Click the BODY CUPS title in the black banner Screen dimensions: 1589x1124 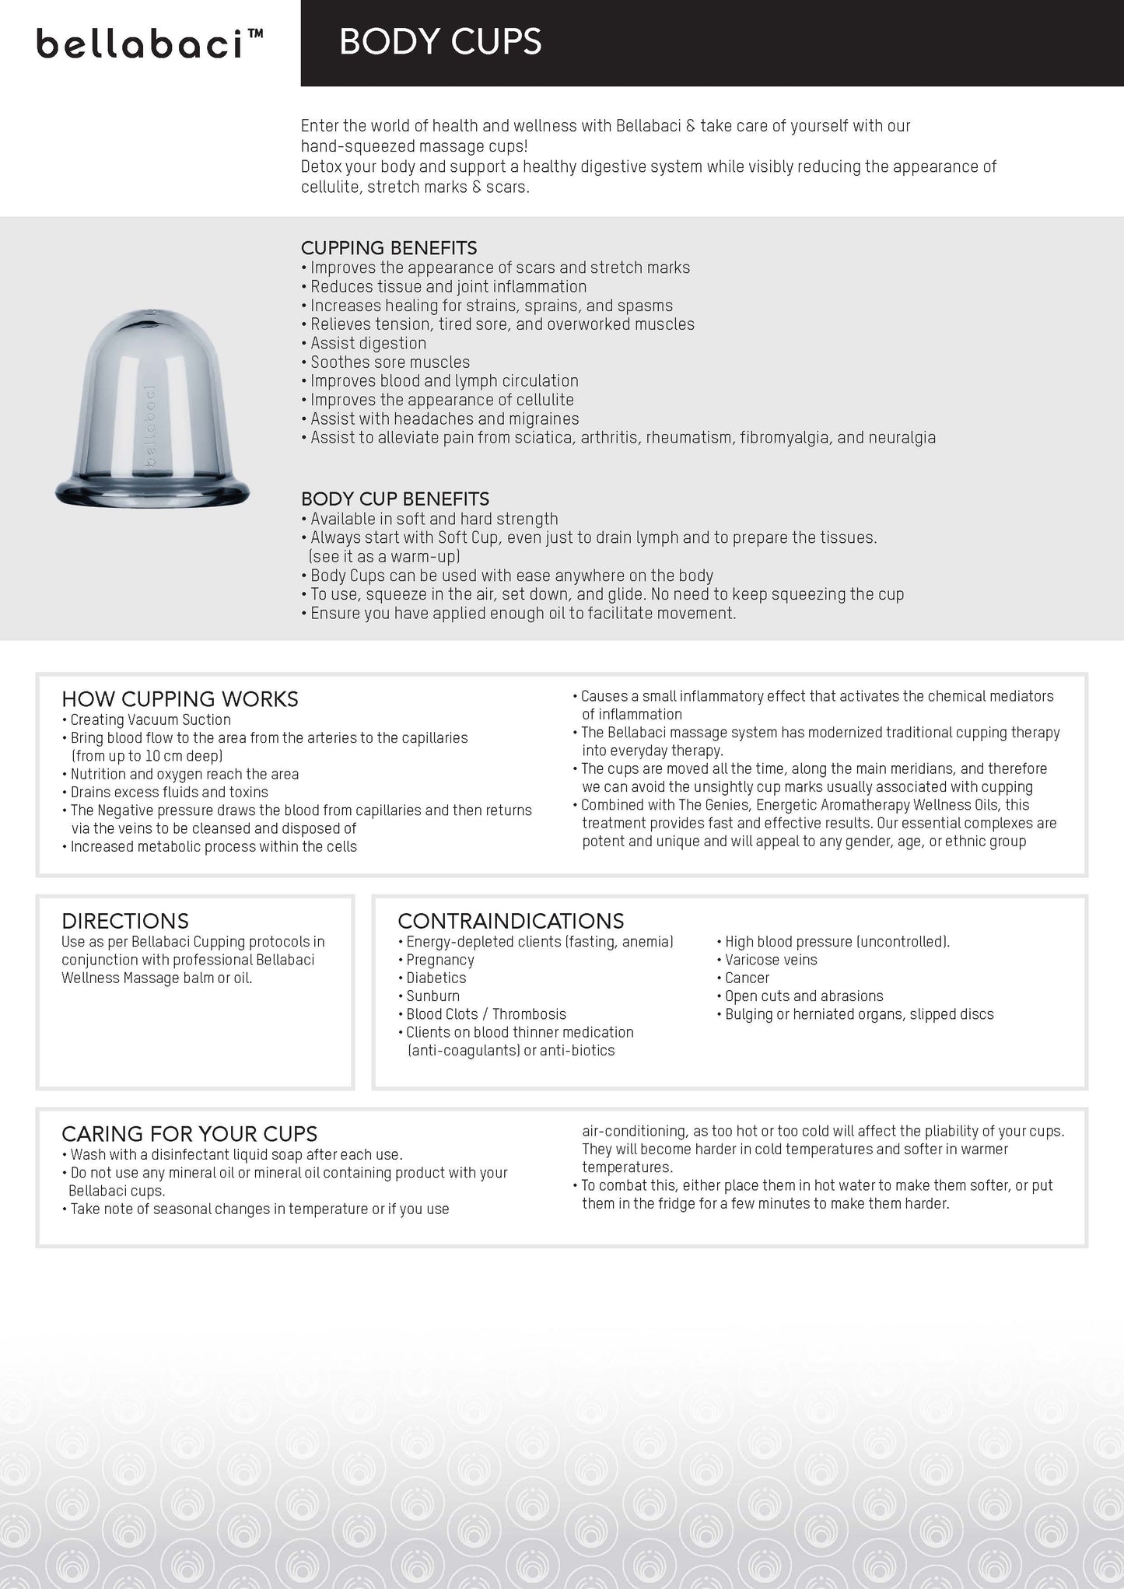point(439,42)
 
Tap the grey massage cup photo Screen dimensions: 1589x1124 point(152,404)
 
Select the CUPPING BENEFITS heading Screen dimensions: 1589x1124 point(389,248)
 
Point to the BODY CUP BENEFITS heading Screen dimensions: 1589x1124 point(395,499)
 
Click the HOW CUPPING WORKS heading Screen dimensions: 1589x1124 point(180,699)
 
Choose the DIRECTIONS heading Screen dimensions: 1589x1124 point(125,921)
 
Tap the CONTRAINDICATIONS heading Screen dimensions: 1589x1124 point(510,921)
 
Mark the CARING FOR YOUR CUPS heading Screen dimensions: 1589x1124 point(189,1133)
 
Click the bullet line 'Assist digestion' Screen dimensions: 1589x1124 point(368,343)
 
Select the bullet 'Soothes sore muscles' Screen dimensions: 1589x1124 point(390,362)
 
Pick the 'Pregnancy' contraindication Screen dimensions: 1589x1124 point(439,960)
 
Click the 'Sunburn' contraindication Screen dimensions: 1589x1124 point(432,996)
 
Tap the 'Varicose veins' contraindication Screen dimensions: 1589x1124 point(770,960)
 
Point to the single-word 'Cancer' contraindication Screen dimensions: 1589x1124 point(747,978)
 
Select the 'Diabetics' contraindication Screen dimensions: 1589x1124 point(436,978)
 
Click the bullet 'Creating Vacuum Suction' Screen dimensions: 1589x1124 point(150,719)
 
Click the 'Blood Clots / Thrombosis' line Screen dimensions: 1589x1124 point(486,1013)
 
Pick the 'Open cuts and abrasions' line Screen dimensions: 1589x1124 point(804,996)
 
